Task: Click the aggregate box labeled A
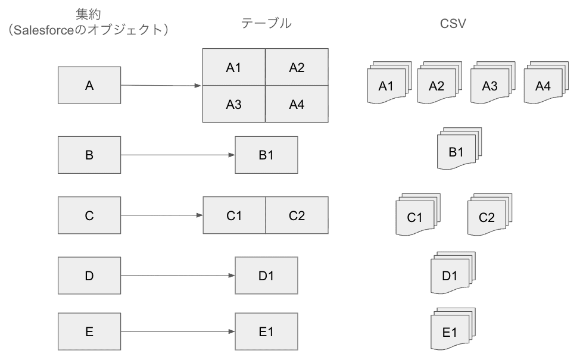coord(89,86)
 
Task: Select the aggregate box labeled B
coord(89,155)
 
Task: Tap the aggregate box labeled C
coord(89,215)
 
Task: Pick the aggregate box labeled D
coord(89,276)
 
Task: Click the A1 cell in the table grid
coord(233,67)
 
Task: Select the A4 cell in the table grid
coord(297,105)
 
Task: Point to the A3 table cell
coord(233,105)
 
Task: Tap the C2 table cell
coord(297,215)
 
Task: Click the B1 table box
coord(266,155)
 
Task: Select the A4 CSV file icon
coord(542,85)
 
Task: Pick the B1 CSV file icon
coord(456,152)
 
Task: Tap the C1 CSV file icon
coord(414,217)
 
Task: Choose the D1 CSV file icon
coord(450,275)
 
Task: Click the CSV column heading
coord(453,23)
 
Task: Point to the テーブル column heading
coord(266,23)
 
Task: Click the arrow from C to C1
coord(161,215)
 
